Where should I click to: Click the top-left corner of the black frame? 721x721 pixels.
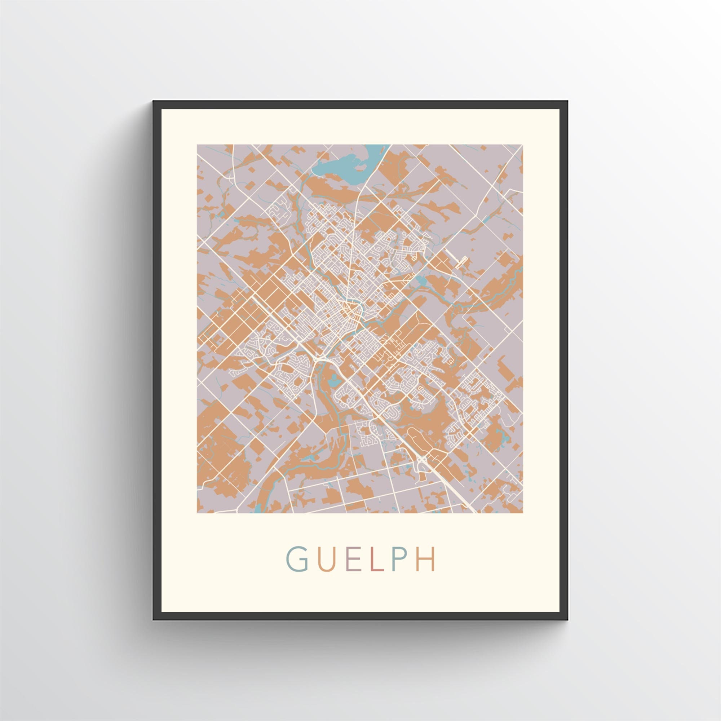(153, 101)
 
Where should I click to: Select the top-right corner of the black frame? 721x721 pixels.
(568, 101)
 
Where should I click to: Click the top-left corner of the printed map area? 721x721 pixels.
(197, 145)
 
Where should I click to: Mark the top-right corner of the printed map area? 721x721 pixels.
(522, 145)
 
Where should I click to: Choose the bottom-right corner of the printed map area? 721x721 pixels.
(522, 513)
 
